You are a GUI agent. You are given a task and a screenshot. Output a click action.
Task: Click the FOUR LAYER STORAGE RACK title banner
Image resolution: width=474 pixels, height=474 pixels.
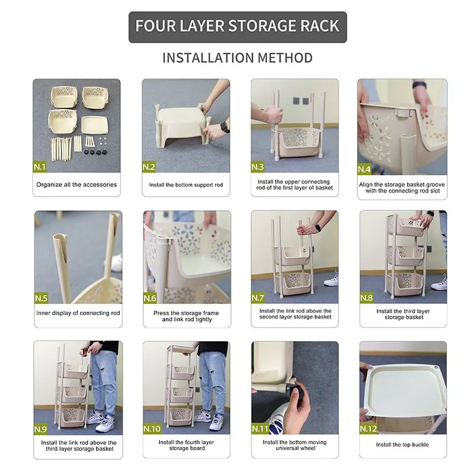click(238, 27)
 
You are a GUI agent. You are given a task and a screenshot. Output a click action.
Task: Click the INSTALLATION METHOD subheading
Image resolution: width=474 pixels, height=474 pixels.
click(238, 57)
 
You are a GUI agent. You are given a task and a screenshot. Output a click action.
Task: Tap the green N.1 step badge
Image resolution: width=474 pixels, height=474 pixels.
click(40, 167)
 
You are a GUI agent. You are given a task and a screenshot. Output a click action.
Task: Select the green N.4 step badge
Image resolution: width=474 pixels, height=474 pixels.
click(364, 169)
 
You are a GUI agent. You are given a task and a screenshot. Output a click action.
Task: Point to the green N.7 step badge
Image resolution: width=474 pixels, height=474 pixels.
click(258, 298)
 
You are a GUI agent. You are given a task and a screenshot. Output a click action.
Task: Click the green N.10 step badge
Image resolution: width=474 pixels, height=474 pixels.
click(152, 428)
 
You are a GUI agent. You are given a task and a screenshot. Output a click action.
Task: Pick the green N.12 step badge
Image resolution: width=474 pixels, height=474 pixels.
click(369, 428)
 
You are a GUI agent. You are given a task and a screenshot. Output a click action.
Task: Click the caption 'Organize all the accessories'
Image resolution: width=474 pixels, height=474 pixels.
click(76, 185)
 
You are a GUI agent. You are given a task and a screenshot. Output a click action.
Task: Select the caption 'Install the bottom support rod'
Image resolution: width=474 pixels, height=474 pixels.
click(186, 185)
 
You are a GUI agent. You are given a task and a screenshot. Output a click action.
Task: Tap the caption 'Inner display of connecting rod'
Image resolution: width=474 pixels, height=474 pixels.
click(78, 313)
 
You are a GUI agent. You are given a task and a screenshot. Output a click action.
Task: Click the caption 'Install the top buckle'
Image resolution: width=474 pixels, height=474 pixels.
click(402, 445)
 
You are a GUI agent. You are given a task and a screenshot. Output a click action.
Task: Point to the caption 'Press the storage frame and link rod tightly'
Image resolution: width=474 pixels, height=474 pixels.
click(186, 316)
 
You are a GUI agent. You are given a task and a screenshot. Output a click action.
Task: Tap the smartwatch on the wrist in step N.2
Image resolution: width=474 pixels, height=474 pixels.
click(225, 127)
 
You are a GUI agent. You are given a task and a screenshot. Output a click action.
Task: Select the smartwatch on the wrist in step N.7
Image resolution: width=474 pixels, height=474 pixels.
click(318, 228)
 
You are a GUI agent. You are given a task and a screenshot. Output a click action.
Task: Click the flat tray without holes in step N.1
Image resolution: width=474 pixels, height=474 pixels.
click(95, 124)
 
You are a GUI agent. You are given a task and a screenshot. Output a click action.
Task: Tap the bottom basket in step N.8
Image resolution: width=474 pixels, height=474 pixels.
click(405, 284)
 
